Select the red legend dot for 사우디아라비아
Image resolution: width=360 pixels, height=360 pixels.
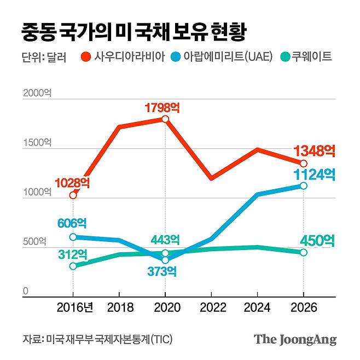[x=86, y=57]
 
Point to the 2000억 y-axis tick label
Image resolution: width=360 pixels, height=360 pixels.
[x=37, y=94]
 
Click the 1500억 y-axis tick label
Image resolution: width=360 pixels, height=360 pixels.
[x=37, y=143]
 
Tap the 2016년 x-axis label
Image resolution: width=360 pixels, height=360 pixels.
[x=75, y=307]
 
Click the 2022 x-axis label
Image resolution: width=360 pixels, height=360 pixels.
[x=211, y=307]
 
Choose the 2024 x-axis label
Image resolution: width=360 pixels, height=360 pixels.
[x=257, y=307]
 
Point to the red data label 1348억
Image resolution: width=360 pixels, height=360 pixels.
[x=315, y=150]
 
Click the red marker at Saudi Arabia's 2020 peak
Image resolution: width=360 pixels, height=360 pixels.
[x=165, y=119]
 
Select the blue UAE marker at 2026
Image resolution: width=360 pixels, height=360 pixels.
[x=304, y=186]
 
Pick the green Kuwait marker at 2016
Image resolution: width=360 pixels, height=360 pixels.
[x=73, y=266]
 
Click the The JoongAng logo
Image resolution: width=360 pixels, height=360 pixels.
[x=295, y=339]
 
